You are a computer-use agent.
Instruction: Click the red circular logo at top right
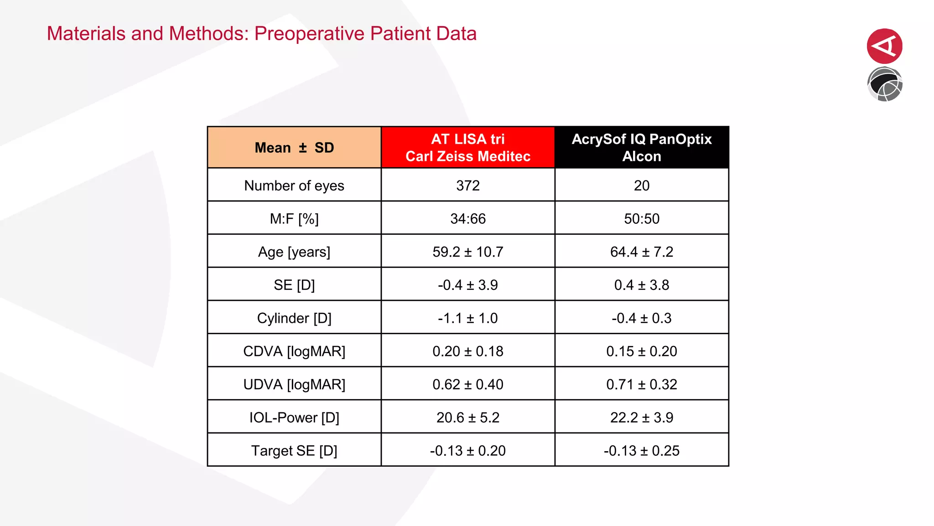point(884,46)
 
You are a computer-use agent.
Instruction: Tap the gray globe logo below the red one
point(884,84)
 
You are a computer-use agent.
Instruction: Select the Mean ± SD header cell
point(294,147)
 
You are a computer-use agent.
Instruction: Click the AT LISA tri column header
point(468,147)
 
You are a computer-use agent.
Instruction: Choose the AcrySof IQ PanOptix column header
point(641,147)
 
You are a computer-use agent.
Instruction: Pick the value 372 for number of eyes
point(468,185)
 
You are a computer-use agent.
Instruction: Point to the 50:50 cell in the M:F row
point(641,219)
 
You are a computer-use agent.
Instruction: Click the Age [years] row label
point(294,252)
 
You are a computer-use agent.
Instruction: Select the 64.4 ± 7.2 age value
point(641,252)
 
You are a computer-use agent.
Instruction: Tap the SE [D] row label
point(294,285)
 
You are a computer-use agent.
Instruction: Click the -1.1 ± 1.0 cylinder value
point(468,318)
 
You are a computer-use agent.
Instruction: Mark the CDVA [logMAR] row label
point(294,351)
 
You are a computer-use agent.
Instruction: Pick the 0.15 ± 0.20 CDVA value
point(641,351)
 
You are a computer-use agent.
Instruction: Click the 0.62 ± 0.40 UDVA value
point(468,384)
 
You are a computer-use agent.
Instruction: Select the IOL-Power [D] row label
point(294,417)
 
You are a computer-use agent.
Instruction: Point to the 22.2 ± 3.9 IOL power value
point(641,417)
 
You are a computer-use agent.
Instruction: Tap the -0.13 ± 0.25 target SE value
point(641,451)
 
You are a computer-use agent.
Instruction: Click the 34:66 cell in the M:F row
point(468,219)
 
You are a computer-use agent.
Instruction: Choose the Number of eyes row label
point(294,185)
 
